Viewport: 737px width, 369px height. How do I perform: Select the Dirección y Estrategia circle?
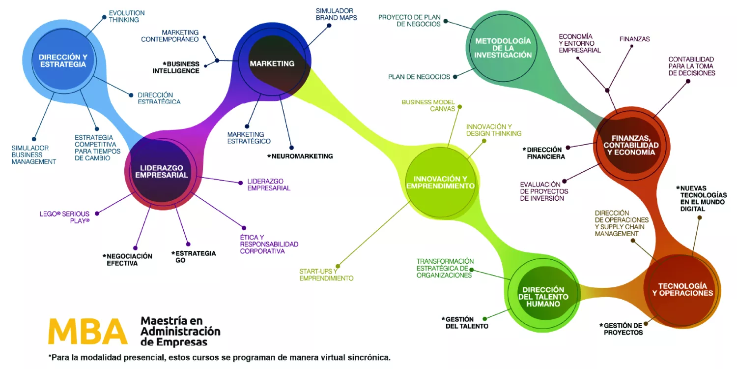(x=63, y=61)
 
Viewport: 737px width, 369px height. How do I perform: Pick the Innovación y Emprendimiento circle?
(x=440, y=182)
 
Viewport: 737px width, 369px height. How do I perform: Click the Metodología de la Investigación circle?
(x=503, y=48)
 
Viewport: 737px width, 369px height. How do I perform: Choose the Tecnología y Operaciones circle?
(x=682, y=289)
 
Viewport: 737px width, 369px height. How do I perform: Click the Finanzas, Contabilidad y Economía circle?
(x=631, y=145)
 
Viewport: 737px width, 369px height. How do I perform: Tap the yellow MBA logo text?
(x=87, y=332)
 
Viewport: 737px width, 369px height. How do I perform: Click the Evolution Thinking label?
(x=127, y=16)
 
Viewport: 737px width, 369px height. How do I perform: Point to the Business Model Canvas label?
(x=428, y=105)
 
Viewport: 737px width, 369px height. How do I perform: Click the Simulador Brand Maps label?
(x=336, y=14)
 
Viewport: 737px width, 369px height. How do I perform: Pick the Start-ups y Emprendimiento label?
(x=326, y=275)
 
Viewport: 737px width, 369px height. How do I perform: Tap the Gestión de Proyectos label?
(x=621, y=329)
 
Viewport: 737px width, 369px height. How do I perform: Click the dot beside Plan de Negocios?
(x=455, y=77)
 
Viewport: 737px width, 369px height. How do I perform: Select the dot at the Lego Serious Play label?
(x=97, y=214)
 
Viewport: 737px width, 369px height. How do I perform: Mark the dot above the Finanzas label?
(x=633, y=46)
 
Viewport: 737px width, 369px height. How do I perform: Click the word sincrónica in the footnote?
(x=368, y=358)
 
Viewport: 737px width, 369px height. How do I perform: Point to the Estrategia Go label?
(x=194, y=256)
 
